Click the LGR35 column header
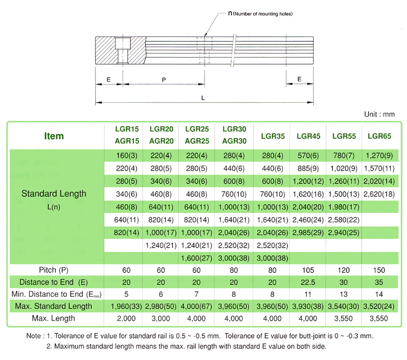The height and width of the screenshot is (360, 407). click(x=273, y=136)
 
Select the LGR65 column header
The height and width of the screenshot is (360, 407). click(x=379, y=136)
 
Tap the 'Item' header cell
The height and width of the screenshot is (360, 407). click(x=54, y=136)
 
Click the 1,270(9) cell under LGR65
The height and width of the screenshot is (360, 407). click(x=379, y=156)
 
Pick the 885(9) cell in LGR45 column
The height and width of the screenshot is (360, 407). click(x=308, y=168)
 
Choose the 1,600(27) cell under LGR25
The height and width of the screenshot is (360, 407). click(x=197, y=258)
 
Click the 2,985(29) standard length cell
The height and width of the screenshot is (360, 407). click(x=308, y=233)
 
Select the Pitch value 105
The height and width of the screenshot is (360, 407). click(x=308, y=270)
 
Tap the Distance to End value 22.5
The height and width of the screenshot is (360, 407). click(x=308, y=282)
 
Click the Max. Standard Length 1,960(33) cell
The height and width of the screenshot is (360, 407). click(x=126, y=307)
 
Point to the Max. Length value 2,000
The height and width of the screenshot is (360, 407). click(x=126, y=318)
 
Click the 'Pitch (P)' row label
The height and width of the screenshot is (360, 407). click(x=54, y=270)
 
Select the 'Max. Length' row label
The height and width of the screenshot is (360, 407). click(x=54, y=318)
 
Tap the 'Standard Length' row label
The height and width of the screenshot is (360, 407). click(x=54, y=194)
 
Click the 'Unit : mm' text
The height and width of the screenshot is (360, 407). click(x=379, y=114)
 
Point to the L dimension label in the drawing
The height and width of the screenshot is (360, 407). click(x=203, y=98)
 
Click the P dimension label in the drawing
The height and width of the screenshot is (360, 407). click(x=163, y=80)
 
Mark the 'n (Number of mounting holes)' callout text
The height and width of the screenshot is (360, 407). click(x=260, y=13)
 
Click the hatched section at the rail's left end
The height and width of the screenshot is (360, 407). click(x=120, y=50)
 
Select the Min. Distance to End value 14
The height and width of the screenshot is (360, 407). click(x=379, y=294)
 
